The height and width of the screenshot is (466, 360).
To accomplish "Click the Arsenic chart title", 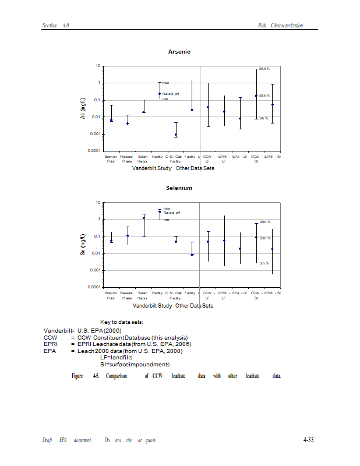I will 179,52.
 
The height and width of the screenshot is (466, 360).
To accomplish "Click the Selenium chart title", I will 179,188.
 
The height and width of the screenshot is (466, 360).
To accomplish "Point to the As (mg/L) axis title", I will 83,109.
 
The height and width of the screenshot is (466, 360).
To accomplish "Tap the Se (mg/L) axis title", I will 83,245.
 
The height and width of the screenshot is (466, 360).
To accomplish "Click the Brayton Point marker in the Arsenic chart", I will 111,121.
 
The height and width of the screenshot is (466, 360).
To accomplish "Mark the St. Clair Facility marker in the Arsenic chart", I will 175,135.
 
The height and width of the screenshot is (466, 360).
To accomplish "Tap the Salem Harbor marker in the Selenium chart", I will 143,218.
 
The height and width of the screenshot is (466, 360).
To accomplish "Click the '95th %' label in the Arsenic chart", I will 264,69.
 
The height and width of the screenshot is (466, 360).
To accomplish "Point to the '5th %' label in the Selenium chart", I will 264,263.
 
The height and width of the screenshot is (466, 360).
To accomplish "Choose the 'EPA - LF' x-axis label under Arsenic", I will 240,157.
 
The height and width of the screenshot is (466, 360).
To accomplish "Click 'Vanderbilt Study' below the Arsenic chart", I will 152,168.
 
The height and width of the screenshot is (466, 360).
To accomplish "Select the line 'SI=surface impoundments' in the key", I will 135,365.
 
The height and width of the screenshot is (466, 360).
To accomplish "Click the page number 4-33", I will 308,440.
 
